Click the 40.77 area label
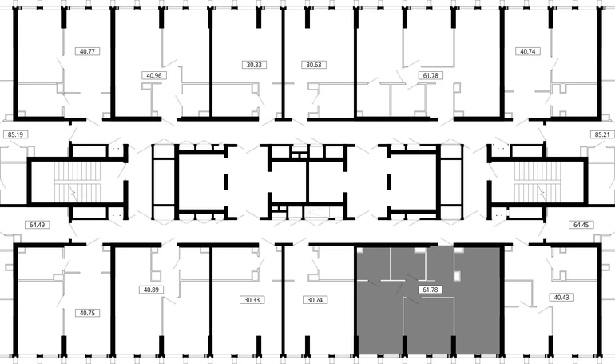pos(87,51)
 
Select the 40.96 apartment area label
pos(153,75)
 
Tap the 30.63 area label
pos(314,65)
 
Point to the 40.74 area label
pos(527,51)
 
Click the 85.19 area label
pos(15,134)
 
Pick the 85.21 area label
pos(602,134)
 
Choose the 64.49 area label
pos(37,225)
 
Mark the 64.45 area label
pos(581,225)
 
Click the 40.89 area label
pos(151,290)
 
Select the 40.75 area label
pos(87,313)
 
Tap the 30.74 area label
pos(315,300)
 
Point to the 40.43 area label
pos(561,298)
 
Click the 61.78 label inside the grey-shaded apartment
pos(430,290)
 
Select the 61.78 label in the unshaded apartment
pos(430,75)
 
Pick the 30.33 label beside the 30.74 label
pos(252,300)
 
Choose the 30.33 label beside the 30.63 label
pos(254,65)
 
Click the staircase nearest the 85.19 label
pos(77,181)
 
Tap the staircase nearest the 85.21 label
pos(538,181)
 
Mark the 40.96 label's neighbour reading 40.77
pos(87,51)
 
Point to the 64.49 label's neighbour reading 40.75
pos(87,313)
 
